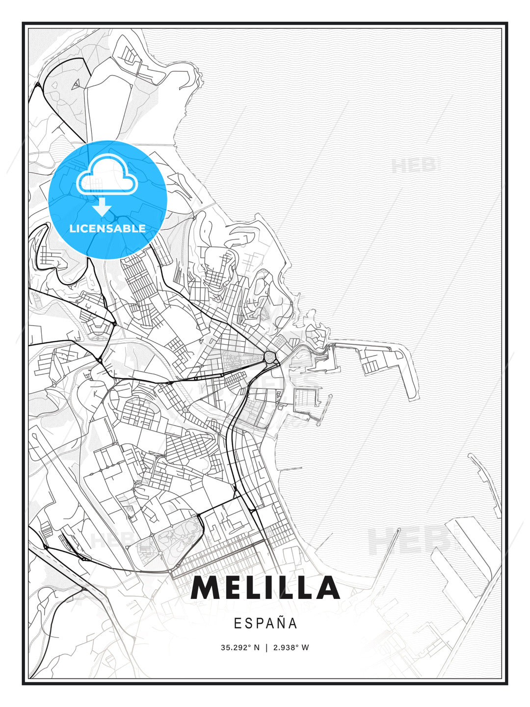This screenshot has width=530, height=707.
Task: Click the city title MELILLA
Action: pos(265,588)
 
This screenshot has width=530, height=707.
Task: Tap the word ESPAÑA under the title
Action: pos(265,624)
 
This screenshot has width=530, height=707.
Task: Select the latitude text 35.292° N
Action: pos(240,648)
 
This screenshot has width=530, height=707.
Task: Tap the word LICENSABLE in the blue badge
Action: pos(107,228)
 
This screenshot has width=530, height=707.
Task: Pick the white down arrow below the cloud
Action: pos(102,207)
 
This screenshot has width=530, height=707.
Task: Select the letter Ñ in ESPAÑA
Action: pos(281,623)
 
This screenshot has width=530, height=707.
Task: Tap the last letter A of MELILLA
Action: pos(326,588)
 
